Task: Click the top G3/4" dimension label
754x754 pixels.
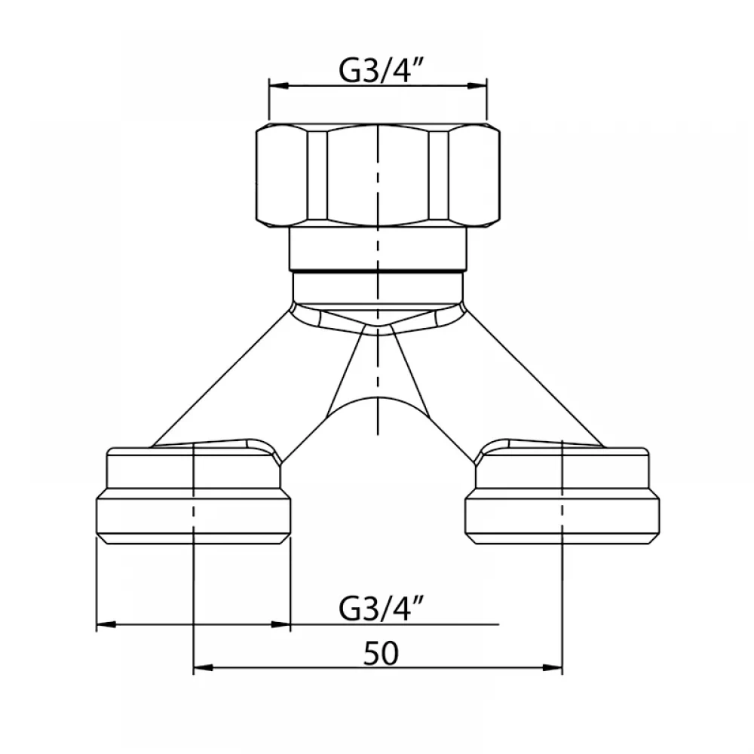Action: [380, 71]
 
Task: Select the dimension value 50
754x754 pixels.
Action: [381, 654]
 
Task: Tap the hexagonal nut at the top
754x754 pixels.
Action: [378, 175]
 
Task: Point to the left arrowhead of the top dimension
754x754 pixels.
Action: [279, 86]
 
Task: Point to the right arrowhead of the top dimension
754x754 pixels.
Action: [477, 86]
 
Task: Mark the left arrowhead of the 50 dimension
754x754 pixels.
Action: [203, 668]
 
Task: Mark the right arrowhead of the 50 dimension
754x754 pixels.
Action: [553, 668]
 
